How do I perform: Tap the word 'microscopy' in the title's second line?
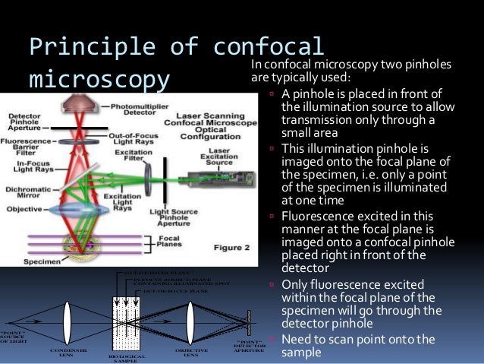pos(99,78)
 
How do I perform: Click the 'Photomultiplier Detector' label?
pos(139,110)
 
